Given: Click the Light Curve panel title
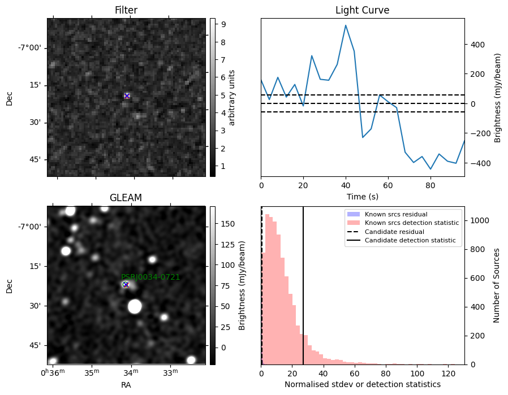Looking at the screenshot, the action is [x=362, y=10].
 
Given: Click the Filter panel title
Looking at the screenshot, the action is [x=126, y=10].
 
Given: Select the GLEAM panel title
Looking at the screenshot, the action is [x=126, y=198].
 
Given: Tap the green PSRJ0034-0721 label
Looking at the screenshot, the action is [x=150, y=277].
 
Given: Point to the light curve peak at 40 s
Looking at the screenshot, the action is [x=346, y=25].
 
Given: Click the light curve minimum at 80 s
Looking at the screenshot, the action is [x=430, y=169].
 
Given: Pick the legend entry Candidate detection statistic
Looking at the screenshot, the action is [x=401, y=240].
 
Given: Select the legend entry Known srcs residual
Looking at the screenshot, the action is [x=387, y=214].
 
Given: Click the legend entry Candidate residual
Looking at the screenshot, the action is [x=385, y=232].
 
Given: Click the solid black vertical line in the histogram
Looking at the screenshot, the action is [x=303, y=286].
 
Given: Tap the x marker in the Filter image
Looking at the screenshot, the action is [x=127, y=96].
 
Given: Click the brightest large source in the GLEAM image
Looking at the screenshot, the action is [x=135, y=306].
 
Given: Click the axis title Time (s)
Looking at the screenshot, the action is [x=363, y=197].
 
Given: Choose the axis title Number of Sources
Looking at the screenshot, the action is [x=496, y=286].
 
